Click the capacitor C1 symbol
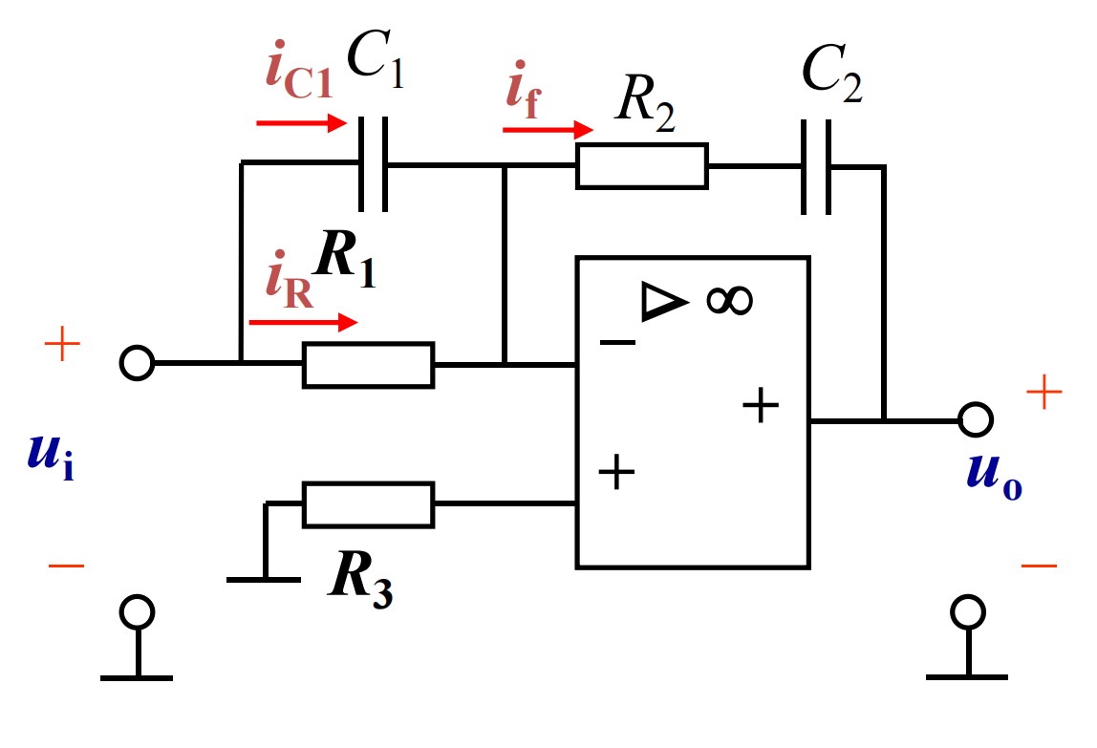pyautogui.click(x=373, y=163)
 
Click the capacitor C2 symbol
pyautogui.click(x=816, y=166)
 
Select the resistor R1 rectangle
pyautogui.click(x=368, y=365)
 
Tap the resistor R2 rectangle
pyautogui.click(x=641, y=166)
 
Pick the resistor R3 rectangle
pyautogui.click(x=368, y=503)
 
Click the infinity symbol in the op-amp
pyautogui.click(x=729, y=301)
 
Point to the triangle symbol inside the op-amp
pyautogui.click(x=663, y=302)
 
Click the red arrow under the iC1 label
pyautogui.click(x=302, y=123)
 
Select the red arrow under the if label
pyautogui.click(x=548, y=130)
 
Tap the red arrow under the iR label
pyautogui.click(x=304, y=322)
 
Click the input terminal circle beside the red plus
pyautogui.click(x=137, y=363)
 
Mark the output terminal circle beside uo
pyautogui.click(x=976, y=419)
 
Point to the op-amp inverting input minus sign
pyautogui.click(x=617, y=342)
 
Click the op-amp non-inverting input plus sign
pyautogui.click(x=616, y=472)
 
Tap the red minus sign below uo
pyautogui.click(x=1039, y=566)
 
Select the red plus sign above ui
pyautogui.click(x=62, y=344)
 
